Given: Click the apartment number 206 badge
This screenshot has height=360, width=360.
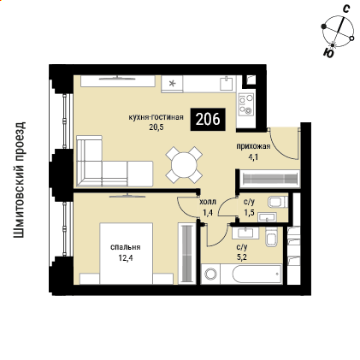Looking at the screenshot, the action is click(x=208, y=120).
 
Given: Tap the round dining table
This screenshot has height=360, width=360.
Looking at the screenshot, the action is click(x=184, y=165).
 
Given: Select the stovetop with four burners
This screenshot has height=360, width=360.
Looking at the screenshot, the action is click(x=246, y=104).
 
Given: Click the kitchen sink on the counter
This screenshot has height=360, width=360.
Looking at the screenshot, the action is click(x=227, y=83).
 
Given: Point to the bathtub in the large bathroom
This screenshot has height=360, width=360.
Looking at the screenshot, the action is click(x=257, y=274).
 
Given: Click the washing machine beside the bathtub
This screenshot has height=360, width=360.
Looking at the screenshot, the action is click(x=210, y=274).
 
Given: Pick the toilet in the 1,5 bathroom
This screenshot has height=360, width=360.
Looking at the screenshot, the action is click(x=278, y=202).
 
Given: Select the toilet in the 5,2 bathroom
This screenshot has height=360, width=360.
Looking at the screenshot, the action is click(x=271, y=236).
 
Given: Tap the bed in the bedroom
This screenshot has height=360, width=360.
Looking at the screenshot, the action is click(x=127, y=253).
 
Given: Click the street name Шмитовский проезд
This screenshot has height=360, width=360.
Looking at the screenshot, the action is click(x=19, y=180).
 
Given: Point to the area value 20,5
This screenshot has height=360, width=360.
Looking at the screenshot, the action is click(x=156, y=127).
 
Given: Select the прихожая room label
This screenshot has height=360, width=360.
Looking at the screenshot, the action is click(x=253, y=146).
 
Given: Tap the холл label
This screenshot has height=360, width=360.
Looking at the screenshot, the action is click(x=208, y=202).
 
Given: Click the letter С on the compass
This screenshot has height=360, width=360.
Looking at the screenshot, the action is click(x=346, y=9).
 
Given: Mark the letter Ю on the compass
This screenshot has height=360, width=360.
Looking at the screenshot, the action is click(x=328, y=53).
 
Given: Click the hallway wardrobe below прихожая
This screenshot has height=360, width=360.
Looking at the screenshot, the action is click(x=269, y=179).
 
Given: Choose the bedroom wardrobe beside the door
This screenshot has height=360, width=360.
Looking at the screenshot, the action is click(x=187, y=253).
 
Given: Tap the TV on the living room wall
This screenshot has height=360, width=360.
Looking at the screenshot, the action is click(x=117, y=77).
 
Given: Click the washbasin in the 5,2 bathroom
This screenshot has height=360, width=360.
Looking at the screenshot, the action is click(x=245, y=233).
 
